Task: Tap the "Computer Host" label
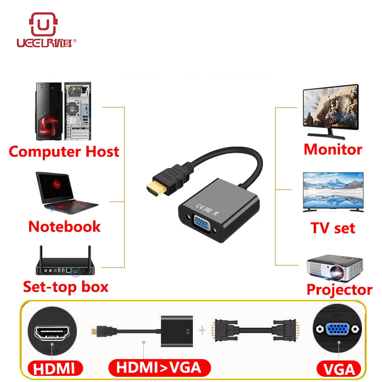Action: [64, 152]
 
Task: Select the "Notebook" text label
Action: [64, 226]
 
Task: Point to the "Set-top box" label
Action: [66, 287]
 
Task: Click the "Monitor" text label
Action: [333, 149]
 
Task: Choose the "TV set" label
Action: [333, 228]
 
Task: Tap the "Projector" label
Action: [339, 289]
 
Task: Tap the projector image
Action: [335, 267]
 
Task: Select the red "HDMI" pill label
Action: [53, 368]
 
